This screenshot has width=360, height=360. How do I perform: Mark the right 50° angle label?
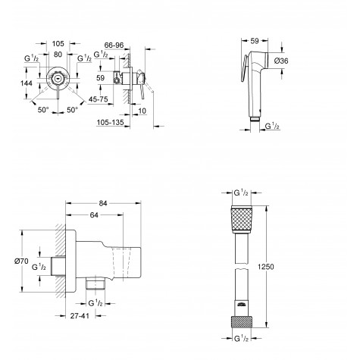(73, 110)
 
